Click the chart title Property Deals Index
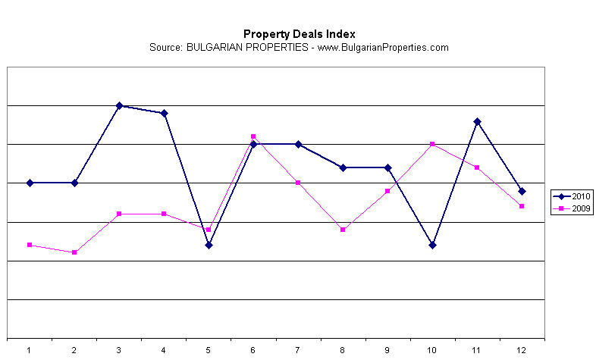point(299,34)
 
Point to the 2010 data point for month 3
point(119,105)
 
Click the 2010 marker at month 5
point(209,245)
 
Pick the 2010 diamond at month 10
point(432,245)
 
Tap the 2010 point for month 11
point(477,121)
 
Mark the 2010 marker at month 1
point(30,183)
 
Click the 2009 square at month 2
point(74,252)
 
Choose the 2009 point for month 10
point(432,144)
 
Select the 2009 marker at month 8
point(343,230)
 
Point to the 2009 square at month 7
point(298,183)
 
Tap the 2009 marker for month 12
point(522,206)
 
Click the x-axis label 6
point(253,349)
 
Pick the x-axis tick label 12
point(522,349)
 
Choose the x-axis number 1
point(30,349)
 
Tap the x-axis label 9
point(387,349)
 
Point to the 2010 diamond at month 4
point(164,113)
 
